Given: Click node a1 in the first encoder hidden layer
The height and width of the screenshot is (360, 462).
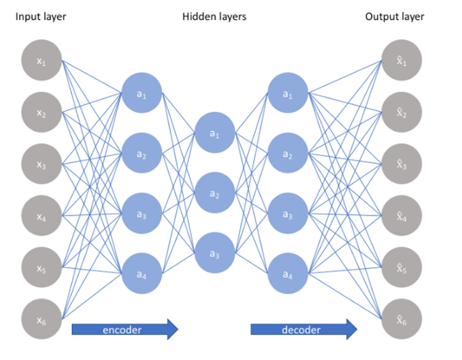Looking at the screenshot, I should coord(142,93).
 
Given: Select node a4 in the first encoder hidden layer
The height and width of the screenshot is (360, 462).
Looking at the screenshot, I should coord(142,273).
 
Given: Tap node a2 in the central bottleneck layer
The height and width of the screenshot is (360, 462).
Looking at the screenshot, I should coord(215,194).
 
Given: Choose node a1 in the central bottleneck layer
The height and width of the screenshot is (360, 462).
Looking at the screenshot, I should coord(215,134).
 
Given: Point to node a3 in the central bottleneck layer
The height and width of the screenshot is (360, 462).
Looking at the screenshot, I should coord(215,254).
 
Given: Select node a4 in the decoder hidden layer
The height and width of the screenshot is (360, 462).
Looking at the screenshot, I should coord(287,273).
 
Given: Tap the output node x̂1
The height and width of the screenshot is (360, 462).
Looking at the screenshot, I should coord(401,61).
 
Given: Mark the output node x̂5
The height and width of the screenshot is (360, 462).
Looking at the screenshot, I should coord(401,268).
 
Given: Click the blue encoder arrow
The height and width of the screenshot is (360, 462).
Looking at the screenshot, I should coord(124,329).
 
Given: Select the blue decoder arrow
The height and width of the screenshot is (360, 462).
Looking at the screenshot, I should coord(303,329).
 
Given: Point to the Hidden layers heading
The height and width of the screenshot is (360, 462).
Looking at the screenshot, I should coord(214,16).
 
